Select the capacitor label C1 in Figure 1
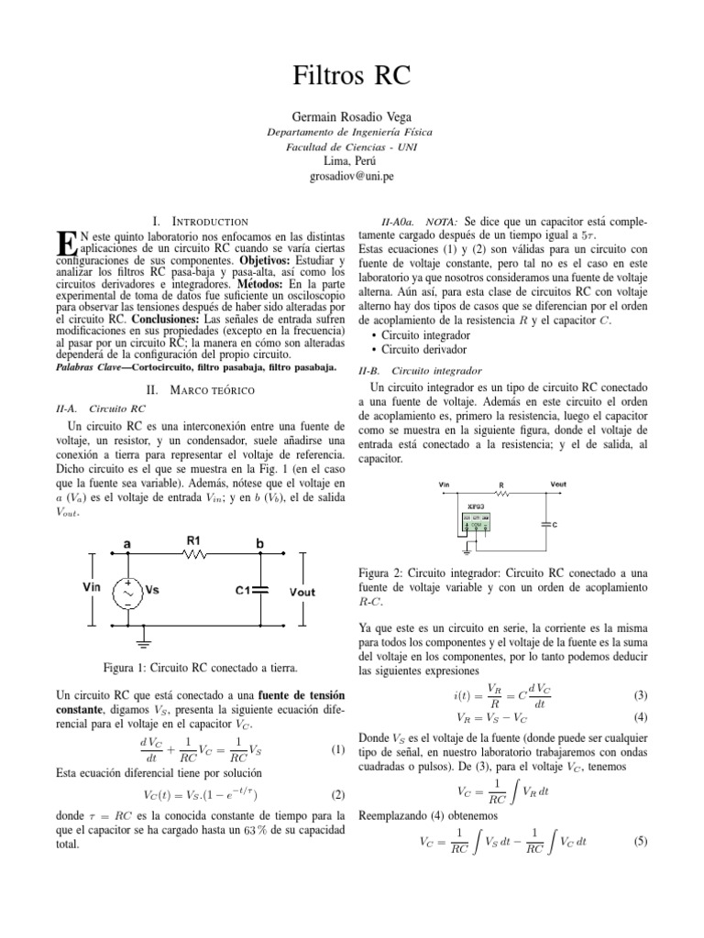(x=244, y=591)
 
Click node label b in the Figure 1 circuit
(x=260, y=544)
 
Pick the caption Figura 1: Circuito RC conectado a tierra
(x=199, y=665)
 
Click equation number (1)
(x=335, y=749)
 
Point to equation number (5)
(x=640, y=839)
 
